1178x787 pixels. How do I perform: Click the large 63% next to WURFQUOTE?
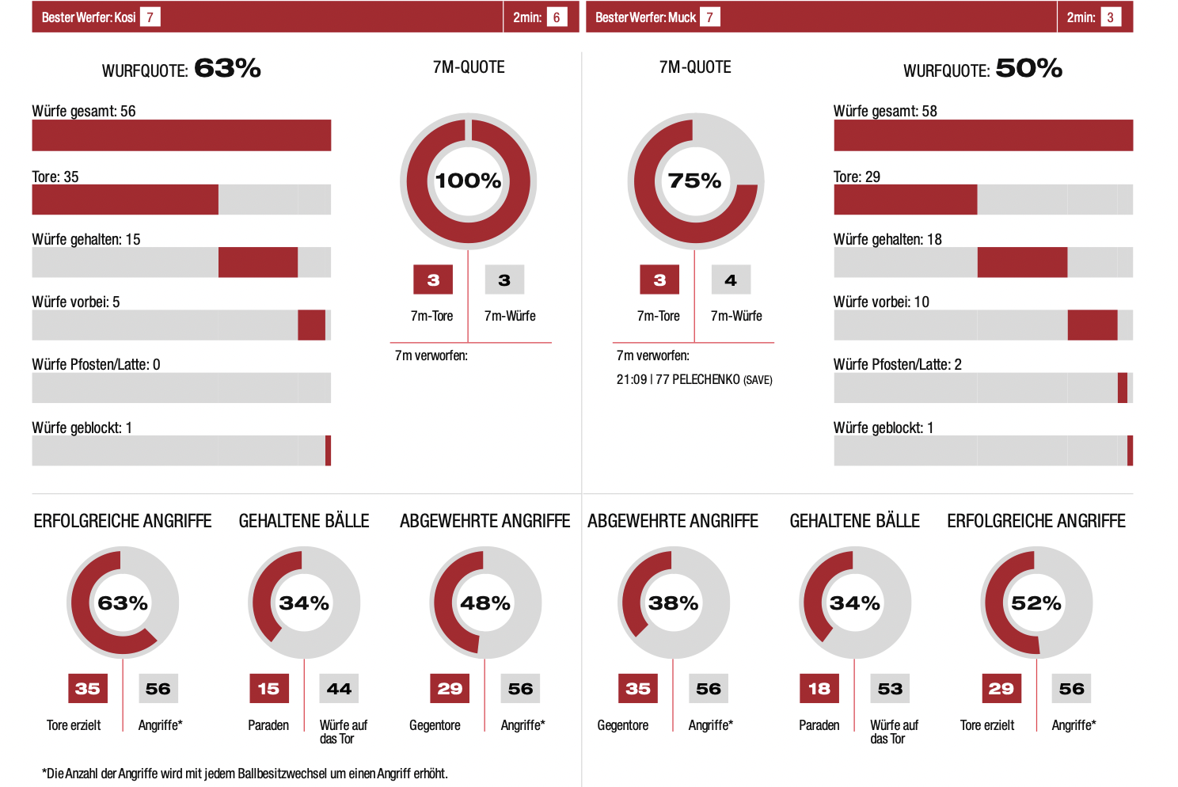pyautogui.click(x=227, y=68)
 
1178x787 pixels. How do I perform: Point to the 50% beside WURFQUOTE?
pyautogui.click(x=1028, y=68)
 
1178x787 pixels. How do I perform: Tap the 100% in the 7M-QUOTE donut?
pyautogui.click(x=468, y=181)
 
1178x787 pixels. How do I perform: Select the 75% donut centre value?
pyautogui.click(x=694, y=181)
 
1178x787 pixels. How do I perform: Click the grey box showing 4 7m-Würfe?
pyautogui.click(x=731, y=279)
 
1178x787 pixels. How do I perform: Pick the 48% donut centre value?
pyautogui.click(x=485, y=603)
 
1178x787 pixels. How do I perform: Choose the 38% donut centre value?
pyautogui.click(x=673, y=603)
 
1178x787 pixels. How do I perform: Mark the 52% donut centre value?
pyautogui.click(x=1036, y=603)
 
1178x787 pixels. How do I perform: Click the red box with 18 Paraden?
pyautogui.click(x=819, y=689)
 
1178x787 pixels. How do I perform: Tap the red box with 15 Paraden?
pyautogui.click(x=269, y=689)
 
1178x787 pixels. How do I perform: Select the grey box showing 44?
pyautogui.click(x=339, y=689)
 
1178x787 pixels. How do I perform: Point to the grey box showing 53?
pyautogui.click(x=890, y=689)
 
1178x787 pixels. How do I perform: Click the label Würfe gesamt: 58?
pyautogui.click(x=885, y=112)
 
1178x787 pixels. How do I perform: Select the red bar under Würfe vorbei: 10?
pyautogui.click(x=1092, y=325)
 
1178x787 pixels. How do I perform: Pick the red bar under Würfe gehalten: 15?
pyautogui.click(x=258, y=262)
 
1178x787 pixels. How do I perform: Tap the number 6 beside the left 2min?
pyautogui.click(x=557, y=17)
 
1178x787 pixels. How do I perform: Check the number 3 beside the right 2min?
pyautogui.click(x=1110, y=17)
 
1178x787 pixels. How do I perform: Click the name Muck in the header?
pyautogui.click(x=682, y=17)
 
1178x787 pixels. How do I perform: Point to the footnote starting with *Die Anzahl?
pyautogui.click(x=245, y=774)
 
